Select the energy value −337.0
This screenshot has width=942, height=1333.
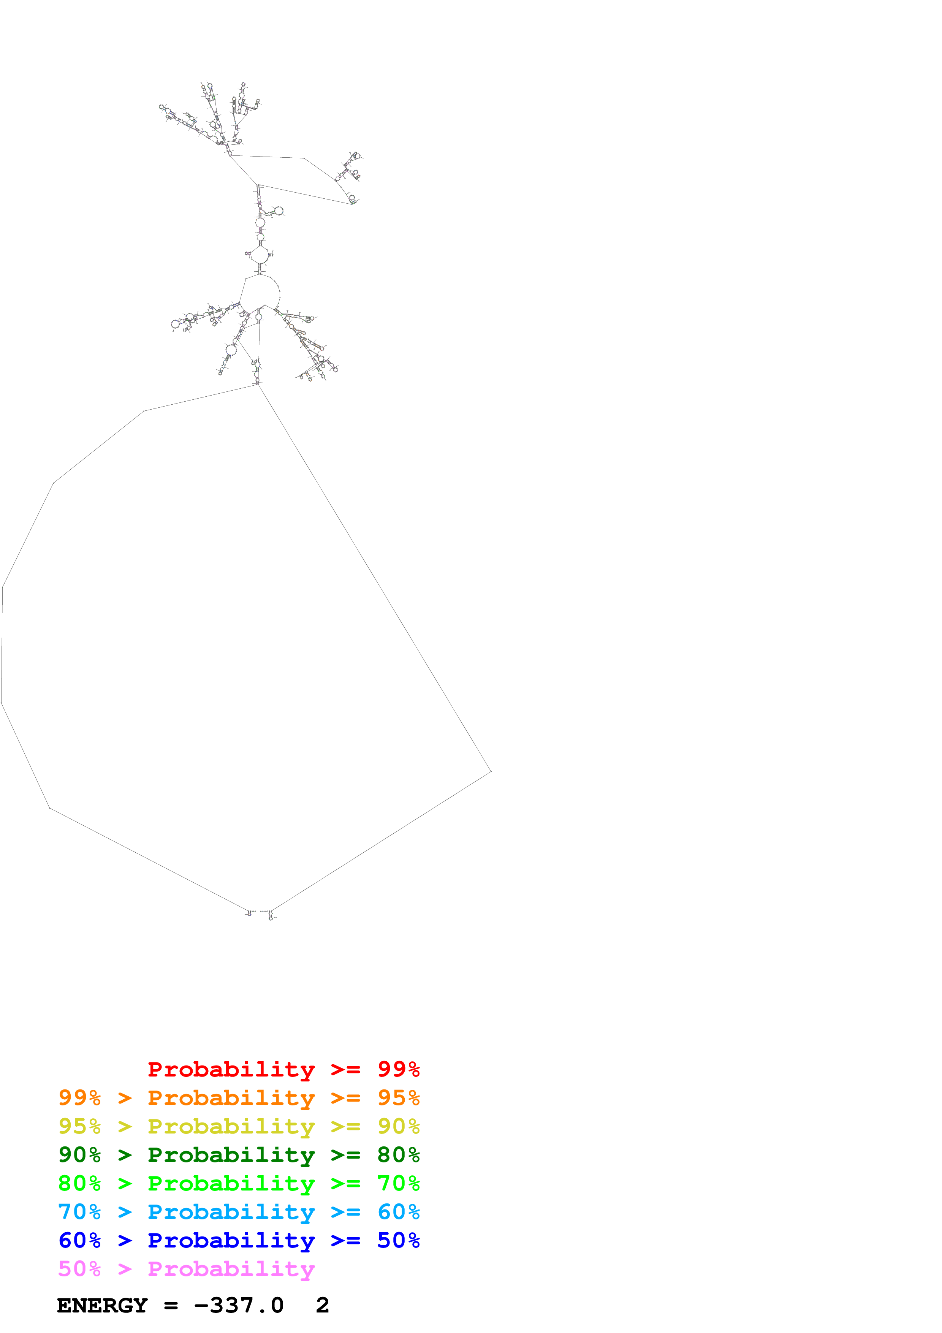239,1305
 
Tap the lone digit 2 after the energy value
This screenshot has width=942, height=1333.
323,1305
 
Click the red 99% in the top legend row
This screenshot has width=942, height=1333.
398,1069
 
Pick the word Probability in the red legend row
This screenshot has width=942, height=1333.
231,1069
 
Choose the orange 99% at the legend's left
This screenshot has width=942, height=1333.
79,1098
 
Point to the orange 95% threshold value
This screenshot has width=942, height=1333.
398,1098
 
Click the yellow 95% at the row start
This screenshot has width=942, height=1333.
79,1126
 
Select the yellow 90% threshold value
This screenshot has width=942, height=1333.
398,1126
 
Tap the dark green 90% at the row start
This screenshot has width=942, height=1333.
79,1155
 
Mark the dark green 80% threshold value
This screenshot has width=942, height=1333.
398,1155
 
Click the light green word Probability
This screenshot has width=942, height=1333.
231,1183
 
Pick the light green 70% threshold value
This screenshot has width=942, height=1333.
398,1183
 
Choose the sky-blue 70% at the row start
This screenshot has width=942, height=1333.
79,1212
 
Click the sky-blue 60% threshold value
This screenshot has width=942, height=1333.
398,1212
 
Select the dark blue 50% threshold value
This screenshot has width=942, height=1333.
398,1240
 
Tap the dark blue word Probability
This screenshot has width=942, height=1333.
231,1241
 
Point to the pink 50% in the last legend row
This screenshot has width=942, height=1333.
79,1268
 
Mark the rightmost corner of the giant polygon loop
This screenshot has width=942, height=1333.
491,772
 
